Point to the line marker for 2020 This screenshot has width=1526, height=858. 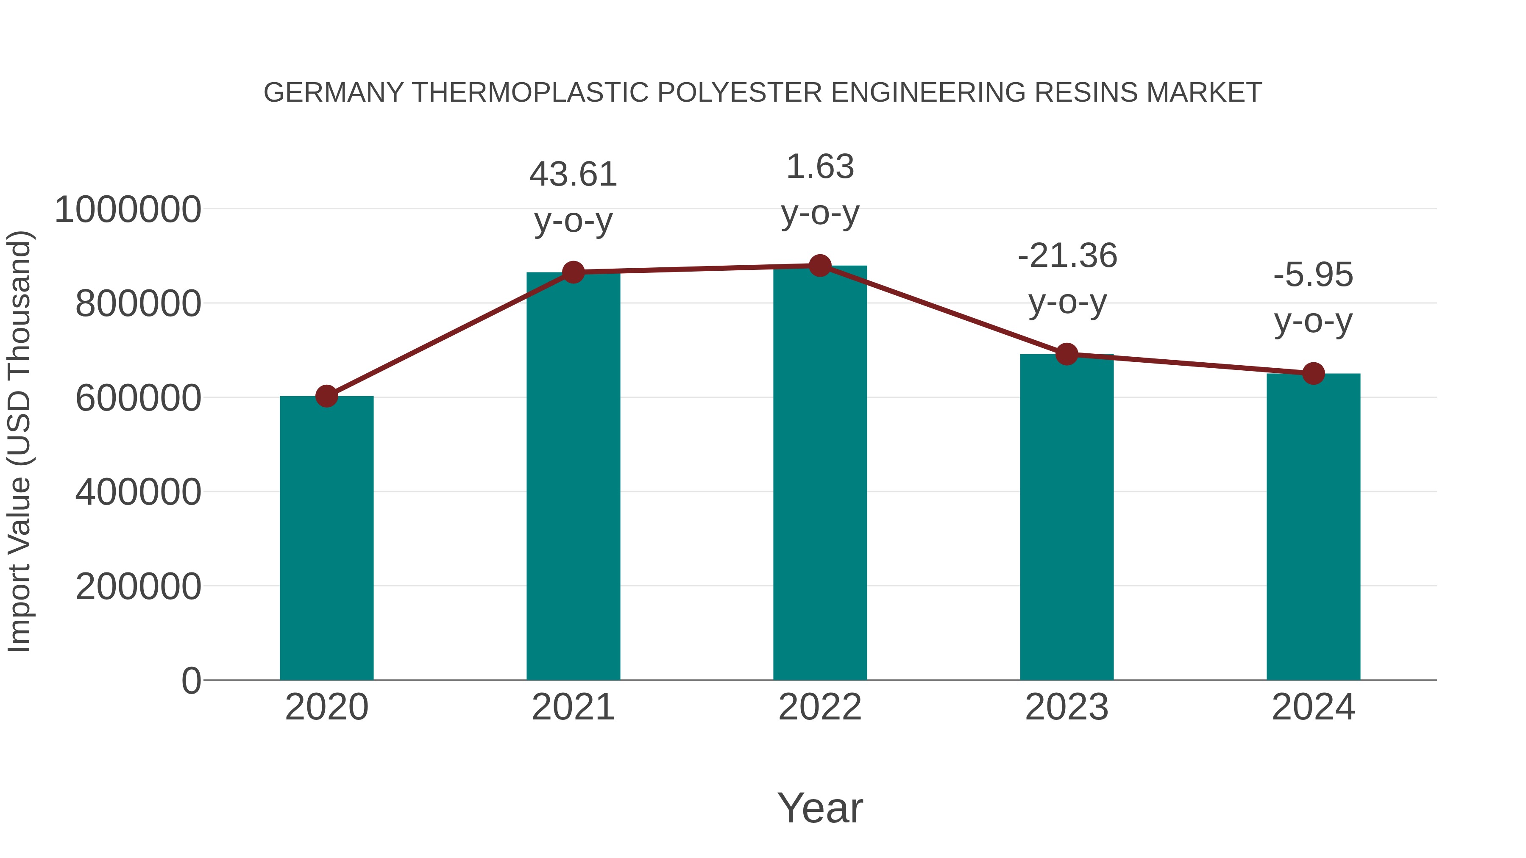click(326, 396)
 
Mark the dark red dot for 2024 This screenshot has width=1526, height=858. click(1313, 374)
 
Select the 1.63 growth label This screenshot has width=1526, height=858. click(820, 167)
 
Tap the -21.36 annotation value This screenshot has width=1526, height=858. click(1067, 256)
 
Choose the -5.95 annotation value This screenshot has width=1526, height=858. click(1313, 275)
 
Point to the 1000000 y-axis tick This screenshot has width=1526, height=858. click(127, 210)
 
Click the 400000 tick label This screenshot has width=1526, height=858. click(138, 492)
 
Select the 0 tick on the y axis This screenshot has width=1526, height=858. click(191, 680)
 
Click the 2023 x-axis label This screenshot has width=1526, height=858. click(1067, 707)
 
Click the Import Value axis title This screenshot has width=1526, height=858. click(19, 441)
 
